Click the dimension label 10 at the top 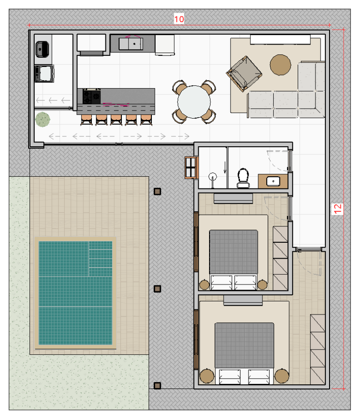(179, 19)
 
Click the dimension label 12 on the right (338, 209)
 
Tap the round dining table (195, 102)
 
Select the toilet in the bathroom (243, 177)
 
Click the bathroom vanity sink (272, 180)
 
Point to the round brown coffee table (281, 65)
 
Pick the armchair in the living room (244, 73)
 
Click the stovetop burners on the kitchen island (91, 96)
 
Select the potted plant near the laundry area (43, 120)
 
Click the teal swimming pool (75, 292)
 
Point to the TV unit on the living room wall (280, 39)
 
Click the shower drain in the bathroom (213, 177)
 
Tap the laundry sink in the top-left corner (43, 48)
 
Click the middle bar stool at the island (116, 120)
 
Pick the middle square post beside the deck (157, 289)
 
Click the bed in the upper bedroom (233, 253)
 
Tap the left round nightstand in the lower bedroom (205, 376)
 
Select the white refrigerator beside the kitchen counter (165, 45)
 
